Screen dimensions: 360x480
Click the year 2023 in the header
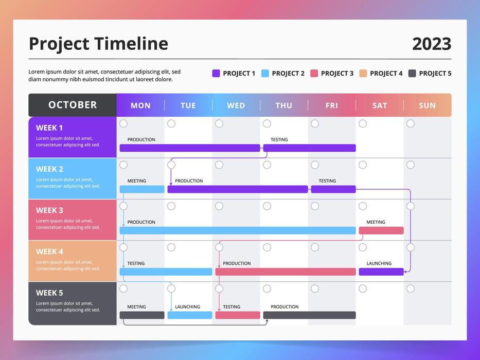click(x=431, y=44)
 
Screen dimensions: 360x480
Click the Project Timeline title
click(x=98, y=44)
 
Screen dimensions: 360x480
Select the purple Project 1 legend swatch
click(x=216, y=74)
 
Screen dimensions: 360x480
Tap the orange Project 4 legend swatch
click(x=363, y=74)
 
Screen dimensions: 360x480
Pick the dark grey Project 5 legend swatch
click(x=412, y=74)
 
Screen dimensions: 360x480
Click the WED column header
click(x=236, y=105)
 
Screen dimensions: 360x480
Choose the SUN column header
click(x=427, y=105)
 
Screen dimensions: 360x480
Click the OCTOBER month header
click(x=73, y=105)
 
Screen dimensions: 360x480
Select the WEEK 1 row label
click(x=49, y=128)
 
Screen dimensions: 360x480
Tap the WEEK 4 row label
click(x=49, y=251)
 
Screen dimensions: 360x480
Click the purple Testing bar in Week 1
click(x=309, y=148)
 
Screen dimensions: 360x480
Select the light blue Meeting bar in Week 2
click(x=142, y=189)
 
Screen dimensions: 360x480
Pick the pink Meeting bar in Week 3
click(x=381, y=230)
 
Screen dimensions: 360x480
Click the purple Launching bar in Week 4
click(x=381, y=272)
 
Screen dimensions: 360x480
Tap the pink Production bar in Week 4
click(x=285, y=272)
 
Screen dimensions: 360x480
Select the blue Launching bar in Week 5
click(x=189, y=315)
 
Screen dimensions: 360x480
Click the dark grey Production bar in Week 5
click(x=309, y=315)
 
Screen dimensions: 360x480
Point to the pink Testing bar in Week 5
click(x=237, y=315)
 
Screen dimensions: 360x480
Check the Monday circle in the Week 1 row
click(x=123, y=123)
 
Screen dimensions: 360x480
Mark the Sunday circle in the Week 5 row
click(x=411, y=289)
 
